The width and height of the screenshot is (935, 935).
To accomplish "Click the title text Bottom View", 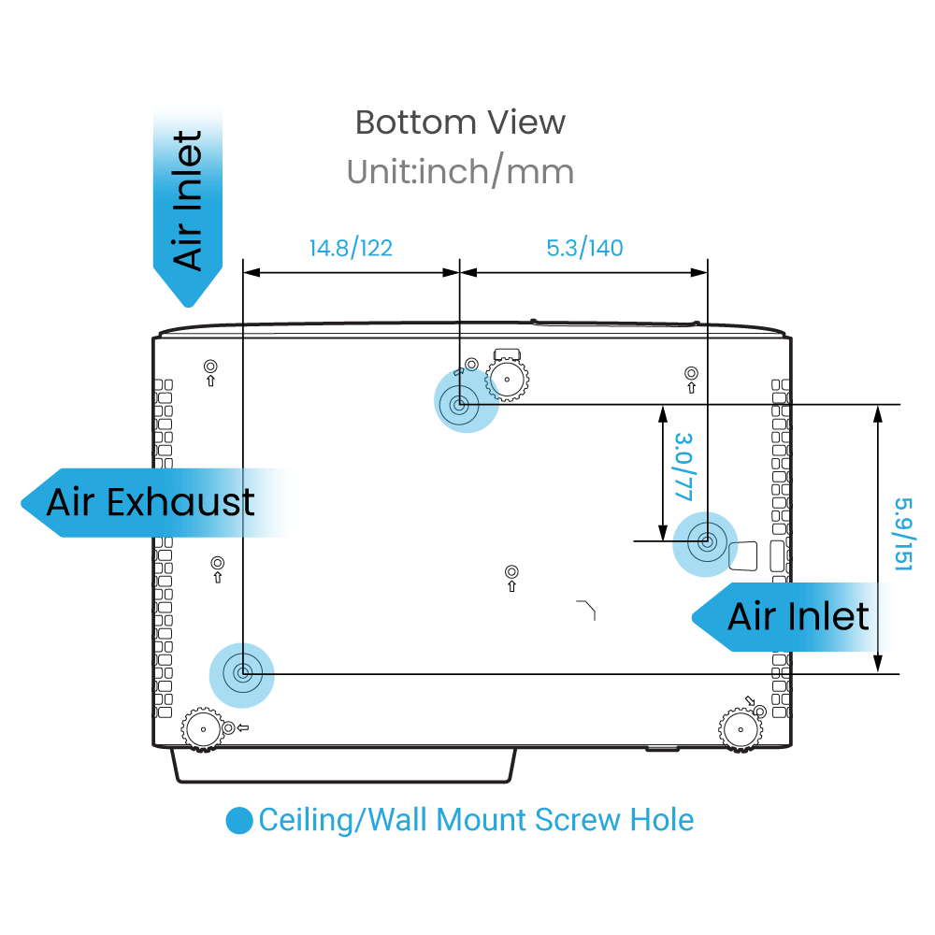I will pyautogui.click(x=460, y=122).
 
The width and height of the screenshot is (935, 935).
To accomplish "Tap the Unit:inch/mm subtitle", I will pyautogui.click(x=460, y=171).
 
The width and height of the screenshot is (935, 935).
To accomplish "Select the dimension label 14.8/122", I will pyautogui.click(x=351, y=248).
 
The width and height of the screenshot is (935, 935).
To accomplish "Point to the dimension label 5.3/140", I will pyautogui.click(x=584, y=248).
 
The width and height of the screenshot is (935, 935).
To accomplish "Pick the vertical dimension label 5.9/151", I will pyautogui.click(x=901, y=534).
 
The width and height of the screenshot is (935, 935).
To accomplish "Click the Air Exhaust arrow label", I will pyautogui.click(x=150, y=502).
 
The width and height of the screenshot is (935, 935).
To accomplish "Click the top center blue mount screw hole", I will pyautogui.click(x=460, y=406).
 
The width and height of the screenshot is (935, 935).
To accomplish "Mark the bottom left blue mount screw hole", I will pyautogui.click(x=242, y=672).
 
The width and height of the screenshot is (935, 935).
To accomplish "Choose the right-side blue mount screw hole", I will pyautogui.click(x=706, y=540).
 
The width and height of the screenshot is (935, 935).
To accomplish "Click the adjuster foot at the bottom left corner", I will pyautogui.click(x=201, y=727).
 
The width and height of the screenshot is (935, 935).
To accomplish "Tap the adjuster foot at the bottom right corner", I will pyautogui.click(x=739, y=727).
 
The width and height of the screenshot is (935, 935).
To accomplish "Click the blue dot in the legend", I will pyautogui.click(x=239, y=821).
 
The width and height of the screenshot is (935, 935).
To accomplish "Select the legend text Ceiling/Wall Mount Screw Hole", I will pyautogui.click(x=476, y=821).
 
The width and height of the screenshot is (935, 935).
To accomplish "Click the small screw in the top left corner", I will pyautogui.click(x=209, y=367).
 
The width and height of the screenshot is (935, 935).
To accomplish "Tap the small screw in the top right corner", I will pyautogui.click(x=691, y=373).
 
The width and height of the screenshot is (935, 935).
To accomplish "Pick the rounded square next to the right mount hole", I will pyautogui.click(x=745, y=555).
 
